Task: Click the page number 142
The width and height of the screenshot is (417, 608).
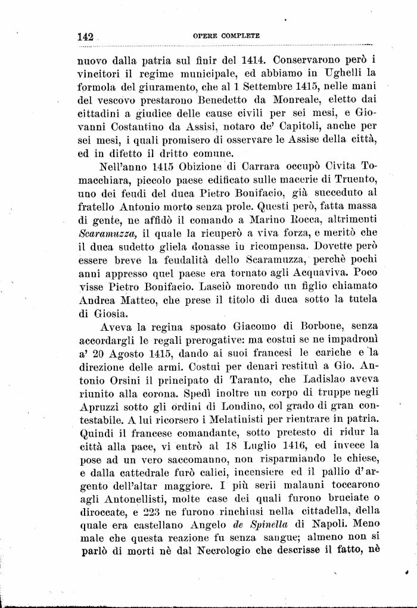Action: click(x=86, y=36)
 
